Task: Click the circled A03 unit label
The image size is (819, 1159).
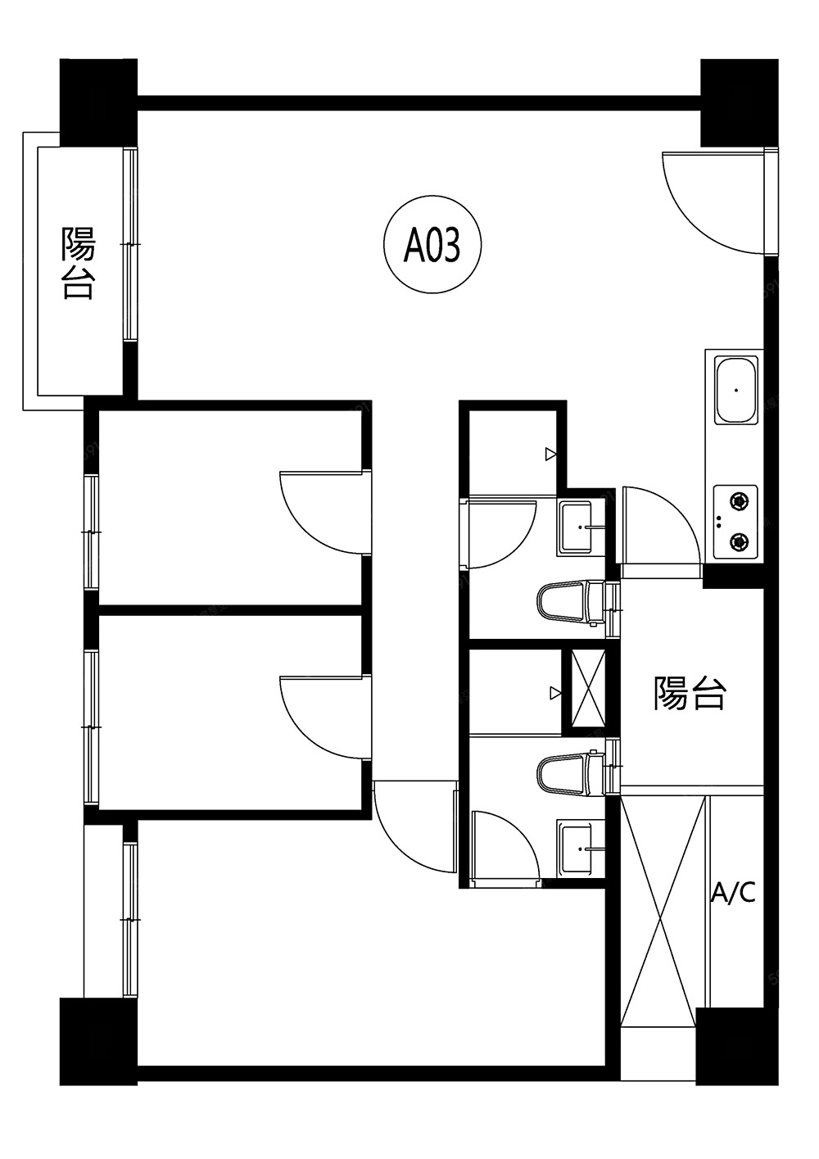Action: pyautogui.click(x=432, y=244)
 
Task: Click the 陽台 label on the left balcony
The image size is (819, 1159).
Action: pyautogui.click(x=79, y=262)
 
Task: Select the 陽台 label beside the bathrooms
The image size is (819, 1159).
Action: pyautogui.click(x=690, y=692)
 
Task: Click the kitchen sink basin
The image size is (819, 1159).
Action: pyautogui.click(x=735, y=388)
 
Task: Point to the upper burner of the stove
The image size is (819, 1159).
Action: pyautogui.click(x=739, y=500)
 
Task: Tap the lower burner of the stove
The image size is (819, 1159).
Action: pyautogui.click(x=739, y=541)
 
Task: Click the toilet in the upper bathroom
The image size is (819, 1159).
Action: pyautogui.click(x=570, y=603)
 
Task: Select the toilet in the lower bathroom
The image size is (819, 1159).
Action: pyautogui.click(x=570, y=774)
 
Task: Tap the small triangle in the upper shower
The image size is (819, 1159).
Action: pyautogui.click(x=551, y=455)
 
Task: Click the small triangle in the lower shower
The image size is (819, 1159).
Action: pyautogui.click(x=555, y=693)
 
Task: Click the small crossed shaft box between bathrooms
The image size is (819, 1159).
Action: pyautogui.click(x=588, y=689)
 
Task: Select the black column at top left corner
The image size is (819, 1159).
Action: pyautogui.click(x=98, y=102)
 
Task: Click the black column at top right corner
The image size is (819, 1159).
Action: pyautogui.click(x=740, y=102)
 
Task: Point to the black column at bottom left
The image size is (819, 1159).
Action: pyautogui.click(x=98, y=1042)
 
